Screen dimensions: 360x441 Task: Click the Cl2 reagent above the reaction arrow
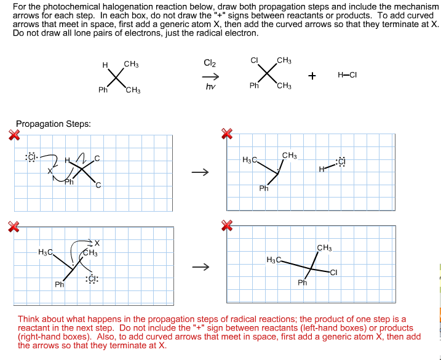(210, 63)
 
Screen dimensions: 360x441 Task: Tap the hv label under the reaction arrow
(210, 87)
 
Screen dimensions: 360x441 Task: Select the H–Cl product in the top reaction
(347, 75)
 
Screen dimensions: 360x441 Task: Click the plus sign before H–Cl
(312, 76)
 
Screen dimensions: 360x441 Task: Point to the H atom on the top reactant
(105, 65)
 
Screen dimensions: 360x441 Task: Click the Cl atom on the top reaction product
(254, 60)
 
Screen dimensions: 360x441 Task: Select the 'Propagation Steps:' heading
(54, 124)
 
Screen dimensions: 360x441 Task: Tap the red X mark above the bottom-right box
(227, 228)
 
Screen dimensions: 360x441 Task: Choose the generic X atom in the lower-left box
(97, 242)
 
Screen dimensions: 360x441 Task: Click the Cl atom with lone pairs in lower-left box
(93, 279)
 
